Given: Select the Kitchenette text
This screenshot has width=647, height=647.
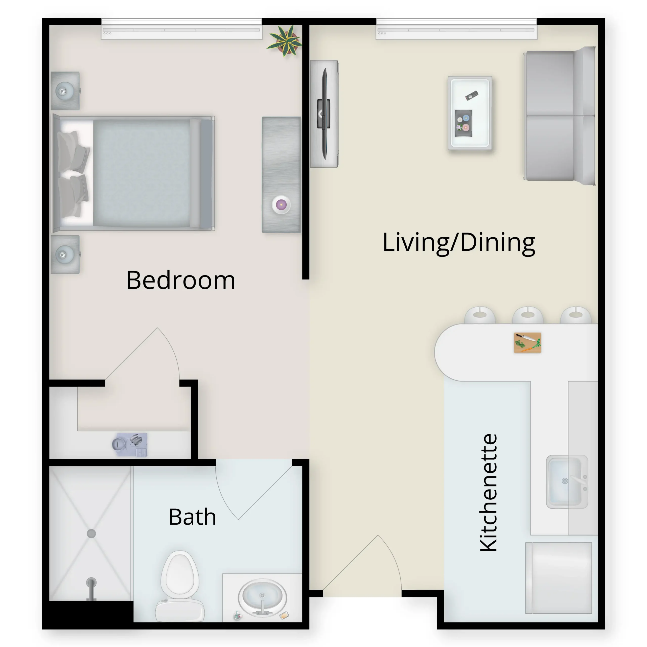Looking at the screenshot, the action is pos(488,492).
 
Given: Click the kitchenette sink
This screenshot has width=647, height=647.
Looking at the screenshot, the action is pos(567,481).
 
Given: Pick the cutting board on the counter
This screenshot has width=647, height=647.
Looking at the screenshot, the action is pos(527,343).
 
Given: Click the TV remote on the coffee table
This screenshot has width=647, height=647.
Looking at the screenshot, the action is pos(472,96).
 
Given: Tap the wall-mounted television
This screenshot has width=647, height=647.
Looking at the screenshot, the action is pos(323,114).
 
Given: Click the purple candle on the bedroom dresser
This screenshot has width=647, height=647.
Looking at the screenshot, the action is pos(281,204).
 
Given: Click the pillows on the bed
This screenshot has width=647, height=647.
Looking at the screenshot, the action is pos(73,173).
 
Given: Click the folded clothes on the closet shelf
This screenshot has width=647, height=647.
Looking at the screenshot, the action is pos(130,444).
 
